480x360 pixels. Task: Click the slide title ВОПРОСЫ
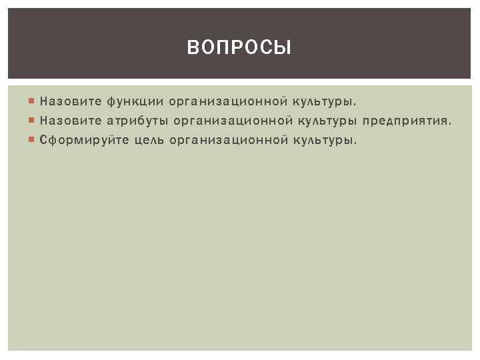(239, 47)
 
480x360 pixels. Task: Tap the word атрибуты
(137, 121)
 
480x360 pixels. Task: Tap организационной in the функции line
(229, 102)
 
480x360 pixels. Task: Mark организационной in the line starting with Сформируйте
(229, 141)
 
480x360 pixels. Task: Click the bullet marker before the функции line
(33, 102)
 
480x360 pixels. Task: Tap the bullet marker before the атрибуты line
(33, 121)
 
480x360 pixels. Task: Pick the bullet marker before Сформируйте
(33, 141)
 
